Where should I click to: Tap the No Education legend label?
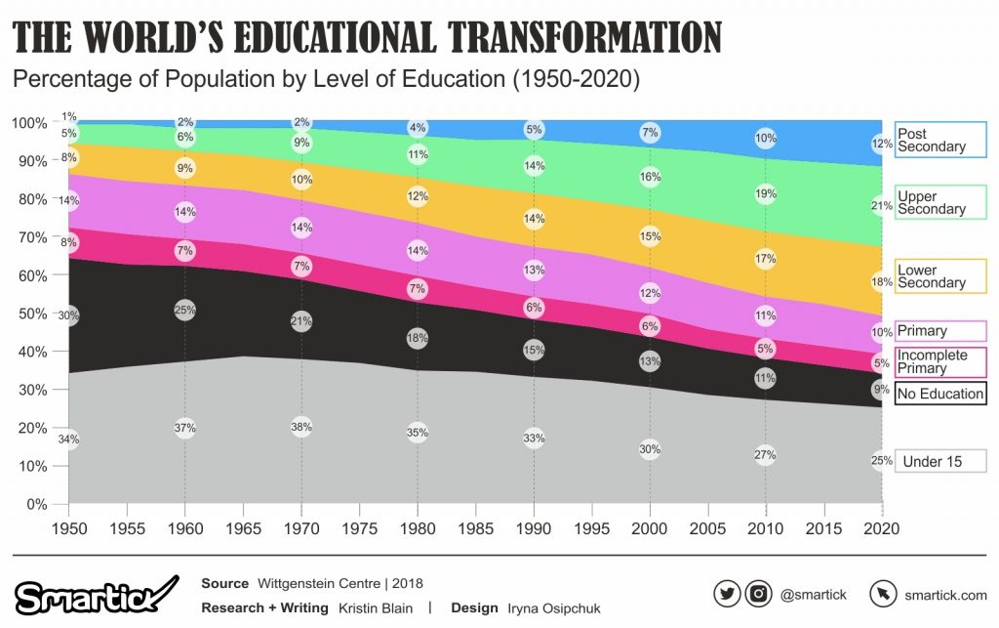[940, 394]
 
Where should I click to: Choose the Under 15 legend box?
[940, 461]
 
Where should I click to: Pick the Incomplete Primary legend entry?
[940, 361]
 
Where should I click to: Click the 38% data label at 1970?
[301, 426]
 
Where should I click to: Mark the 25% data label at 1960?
[185, 310]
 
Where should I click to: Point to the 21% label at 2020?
[882, 205]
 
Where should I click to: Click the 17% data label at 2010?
[765, 259]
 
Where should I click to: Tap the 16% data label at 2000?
[649, 177]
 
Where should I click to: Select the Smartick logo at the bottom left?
[96, 595]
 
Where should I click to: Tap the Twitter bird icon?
[727, 594]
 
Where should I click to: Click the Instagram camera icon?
[758, 594]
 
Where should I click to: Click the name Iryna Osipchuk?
[554, 607]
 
